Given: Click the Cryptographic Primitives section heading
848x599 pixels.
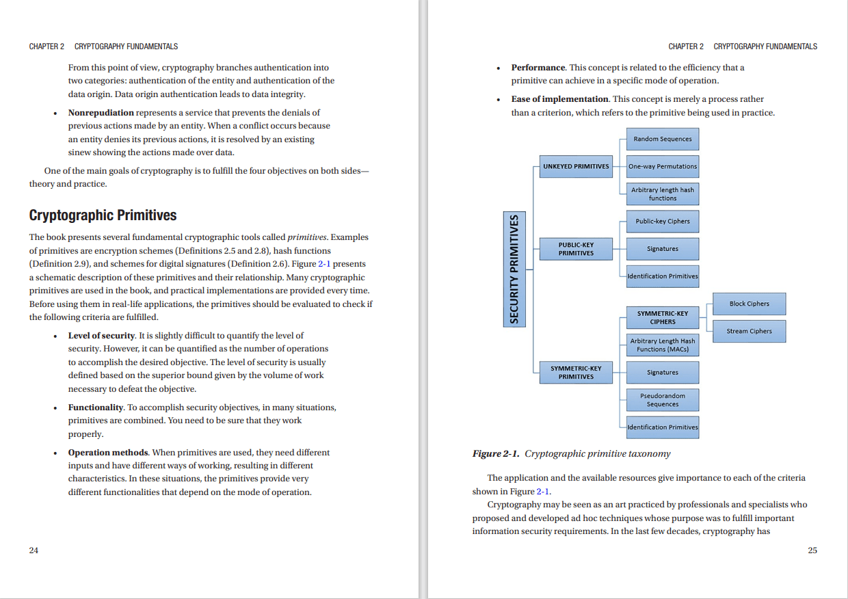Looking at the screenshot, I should point(103,215).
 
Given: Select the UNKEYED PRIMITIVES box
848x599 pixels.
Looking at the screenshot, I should point(576,166).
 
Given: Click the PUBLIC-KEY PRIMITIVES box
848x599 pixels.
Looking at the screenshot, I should point(576,249).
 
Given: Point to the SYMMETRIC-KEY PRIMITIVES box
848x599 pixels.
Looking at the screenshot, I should point(576,373).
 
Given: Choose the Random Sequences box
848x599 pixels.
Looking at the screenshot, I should point(662,139).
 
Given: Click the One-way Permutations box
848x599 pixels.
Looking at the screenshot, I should point(662,166).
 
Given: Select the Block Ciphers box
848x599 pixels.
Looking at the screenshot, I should point(749,304).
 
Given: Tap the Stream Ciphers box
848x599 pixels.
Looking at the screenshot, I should point(749,331).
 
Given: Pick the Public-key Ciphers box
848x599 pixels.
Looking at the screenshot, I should point(662,222).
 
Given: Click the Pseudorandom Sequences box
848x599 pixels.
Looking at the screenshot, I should point(662,400).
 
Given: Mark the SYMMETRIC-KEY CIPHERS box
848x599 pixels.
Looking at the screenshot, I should point(662,317).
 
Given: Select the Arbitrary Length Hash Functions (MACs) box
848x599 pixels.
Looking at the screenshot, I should point(662,345).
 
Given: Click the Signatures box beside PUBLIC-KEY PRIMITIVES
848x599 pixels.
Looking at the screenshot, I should point(662,249).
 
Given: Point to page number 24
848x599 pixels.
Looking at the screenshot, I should point(34,550).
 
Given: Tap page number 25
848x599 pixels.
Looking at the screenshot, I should point(812,550).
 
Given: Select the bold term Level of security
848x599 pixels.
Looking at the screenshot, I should point(101,336).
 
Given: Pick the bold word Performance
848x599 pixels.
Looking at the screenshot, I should point(538,68).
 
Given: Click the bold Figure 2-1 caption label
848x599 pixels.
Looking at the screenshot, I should point(496,454).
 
